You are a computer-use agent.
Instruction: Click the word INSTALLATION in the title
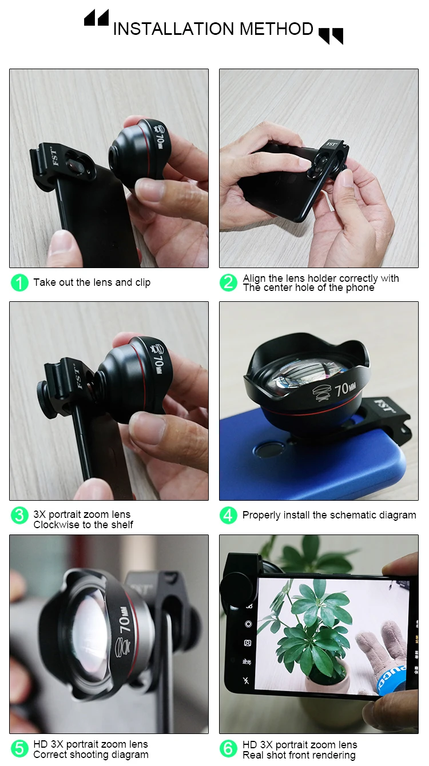point(174,29)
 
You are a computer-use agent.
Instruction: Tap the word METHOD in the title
point(276,29)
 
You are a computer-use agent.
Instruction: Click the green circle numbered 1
point(19,283)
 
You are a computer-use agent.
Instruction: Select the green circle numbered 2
point(228,283)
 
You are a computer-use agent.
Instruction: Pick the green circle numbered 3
point(19,516)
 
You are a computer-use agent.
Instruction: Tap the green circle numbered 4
point(228,516)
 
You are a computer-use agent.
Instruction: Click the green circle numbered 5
point(19,748)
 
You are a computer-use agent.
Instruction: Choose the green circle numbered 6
point(228,748)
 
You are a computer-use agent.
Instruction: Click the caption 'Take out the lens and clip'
point(92,283)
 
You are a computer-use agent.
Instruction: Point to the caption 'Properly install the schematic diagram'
point(329,516)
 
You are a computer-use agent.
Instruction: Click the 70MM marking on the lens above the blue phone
point(345,389)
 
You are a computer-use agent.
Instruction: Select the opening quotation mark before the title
point(97,18)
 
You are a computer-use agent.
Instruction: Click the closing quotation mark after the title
point(331,36)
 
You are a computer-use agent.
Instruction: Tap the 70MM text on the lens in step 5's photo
point(125,619)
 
